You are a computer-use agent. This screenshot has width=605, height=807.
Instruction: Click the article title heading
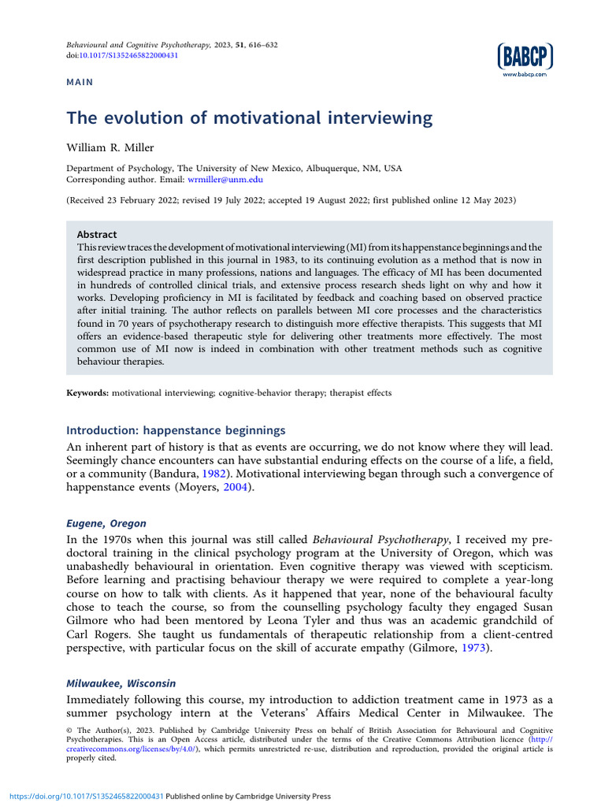tap(250, 118)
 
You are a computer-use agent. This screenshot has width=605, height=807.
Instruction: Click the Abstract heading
tap(96, 235)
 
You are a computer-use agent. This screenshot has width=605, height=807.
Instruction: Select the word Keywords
tap(87, 392)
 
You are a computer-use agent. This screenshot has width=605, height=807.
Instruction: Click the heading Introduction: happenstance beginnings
tap(176, 430)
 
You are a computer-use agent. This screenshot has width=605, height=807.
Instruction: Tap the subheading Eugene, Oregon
tap(106, 523)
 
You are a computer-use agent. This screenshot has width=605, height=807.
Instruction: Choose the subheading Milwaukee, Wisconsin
tap(121, 683)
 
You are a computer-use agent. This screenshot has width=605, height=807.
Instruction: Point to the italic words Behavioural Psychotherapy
tap(380, 540)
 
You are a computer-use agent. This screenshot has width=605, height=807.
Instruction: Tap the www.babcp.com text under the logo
tap(525, 74)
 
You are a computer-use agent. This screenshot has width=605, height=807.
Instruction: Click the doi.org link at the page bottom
tap(82, 796)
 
